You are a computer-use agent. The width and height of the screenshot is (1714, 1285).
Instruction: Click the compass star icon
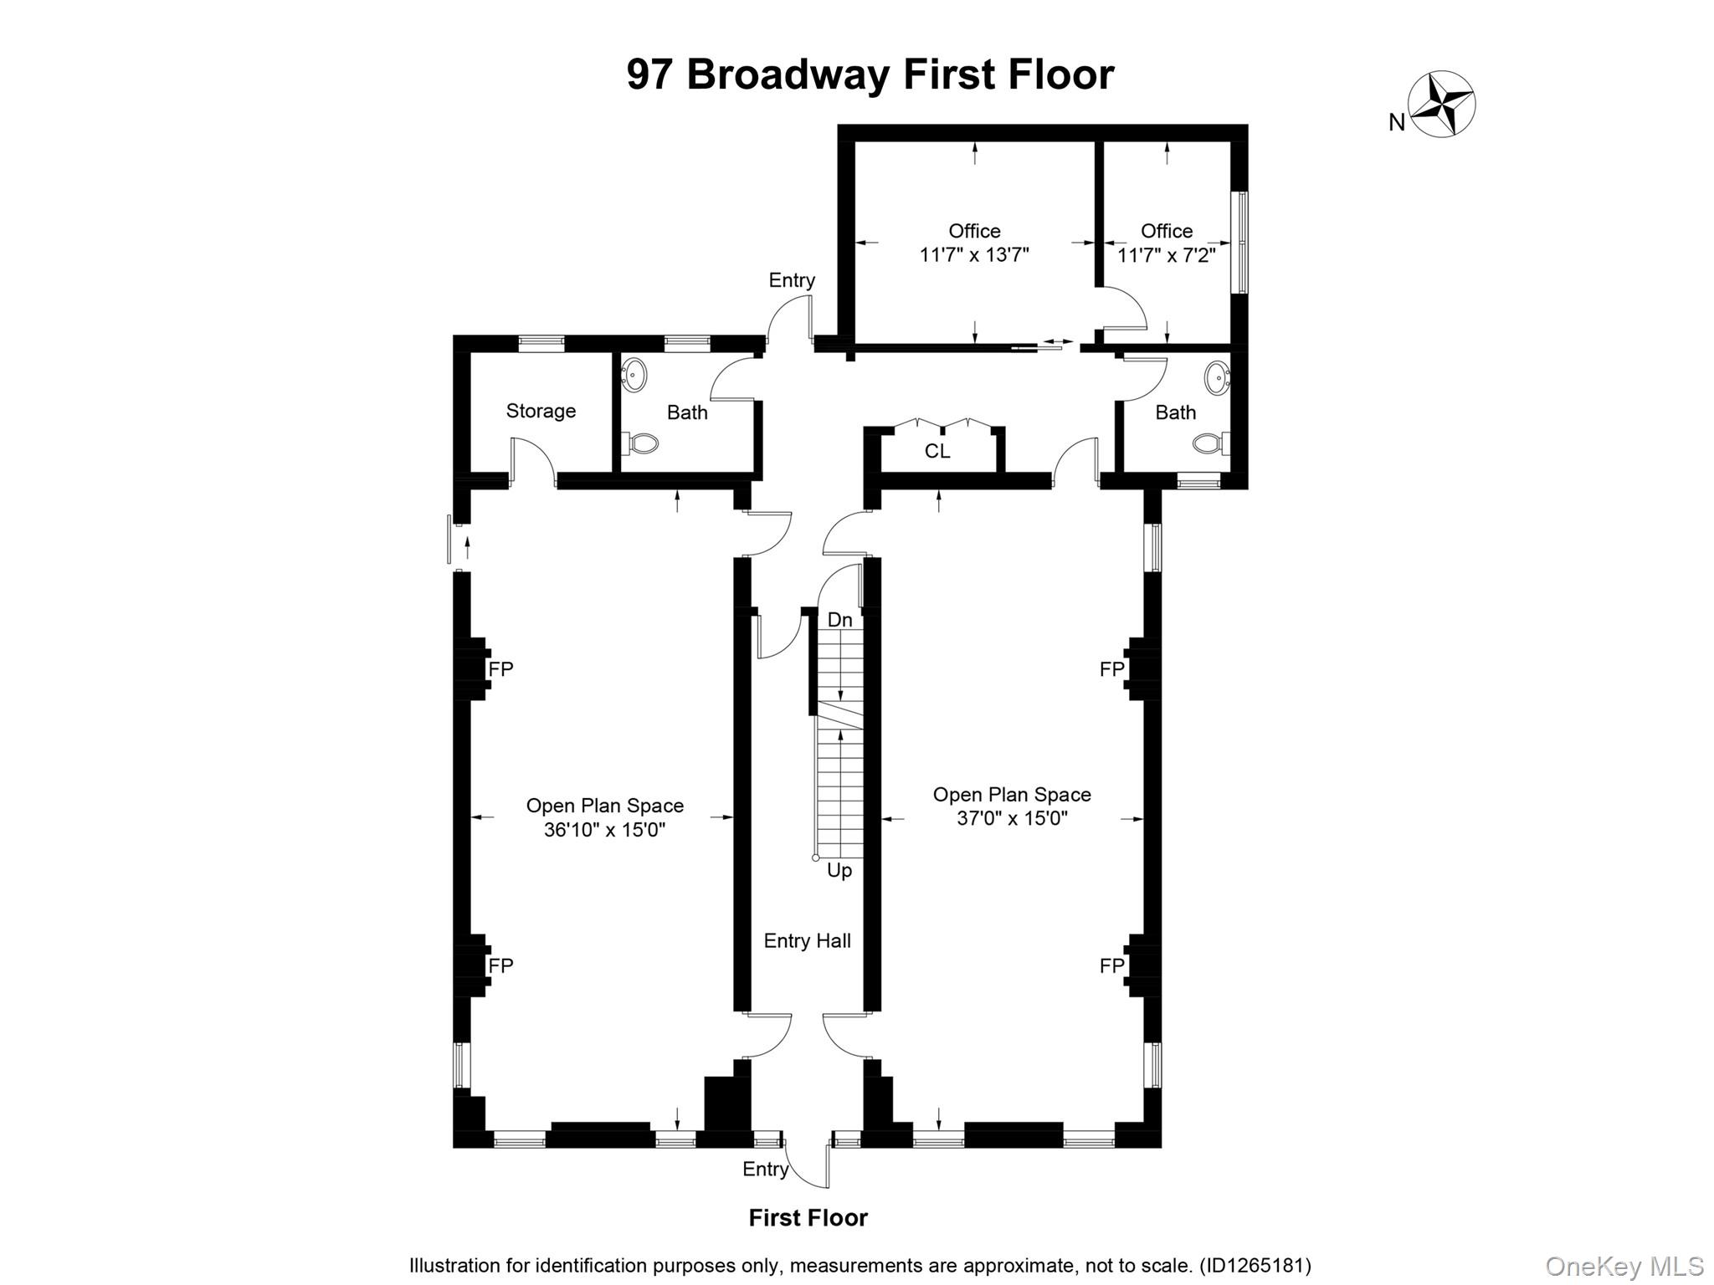pos(1441,105)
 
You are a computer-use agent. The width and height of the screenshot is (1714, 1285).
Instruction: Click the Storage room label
pos(541,411)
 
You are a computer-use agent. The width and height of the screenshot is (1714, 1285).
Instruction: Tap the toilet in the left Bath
pos(641,443)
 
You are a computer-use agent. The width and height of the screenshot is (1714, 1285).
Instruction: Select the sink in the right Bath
pos(1217,377)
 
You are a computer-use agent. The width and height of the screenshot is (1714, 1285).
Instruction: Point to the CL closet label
pos(937,452)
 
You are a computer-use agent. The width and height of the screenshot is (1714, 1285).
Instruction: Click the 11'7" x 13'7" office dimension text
pos(974,255)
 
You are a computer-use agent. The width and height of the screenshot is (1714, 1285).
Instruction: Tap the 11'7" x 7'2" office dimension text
pos(1167,255)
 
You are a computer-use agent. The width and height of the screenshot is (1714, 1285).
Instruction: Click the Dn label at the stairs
pos(839,620)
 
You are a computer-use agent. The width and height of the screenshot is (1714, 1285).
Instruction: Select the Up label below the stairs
pos(839,871)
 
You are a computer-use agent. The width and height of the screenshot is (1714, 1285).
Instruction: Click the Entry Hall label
pos(807,941)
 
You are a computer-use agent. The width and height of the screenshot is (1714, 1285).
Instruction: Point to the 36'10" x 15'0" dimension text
pos(604,830)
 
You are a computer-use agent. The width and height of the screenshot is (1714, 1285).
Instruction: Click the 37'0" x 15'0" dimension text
pos(1012,818)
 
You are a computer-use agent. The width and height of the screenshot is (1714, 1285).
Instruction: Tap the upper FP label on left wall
pos(500,669)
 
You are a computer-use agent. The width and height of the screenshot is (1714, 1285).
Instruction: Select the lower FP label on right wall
pos(1111,966)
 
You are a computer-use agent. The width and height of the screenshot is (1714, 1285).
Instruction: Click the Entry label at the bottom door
pos(765,1170)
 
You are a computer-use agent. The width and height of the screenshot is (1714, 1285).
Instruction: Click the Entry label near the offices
pos(792,280)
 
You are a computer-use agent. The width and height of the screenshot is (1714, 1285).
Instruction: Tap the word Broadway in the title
pos(788,74)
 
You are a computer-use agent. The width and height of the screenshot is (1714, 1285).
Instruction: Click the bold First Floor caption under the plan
pos(808,1218)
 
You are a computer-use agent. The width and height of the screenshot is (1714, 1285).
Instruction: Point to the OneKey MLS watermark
pos(1624,1267)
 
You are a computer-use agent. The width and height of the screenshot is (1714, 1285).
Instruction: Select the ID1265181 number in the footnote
pos(1255,1266)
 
